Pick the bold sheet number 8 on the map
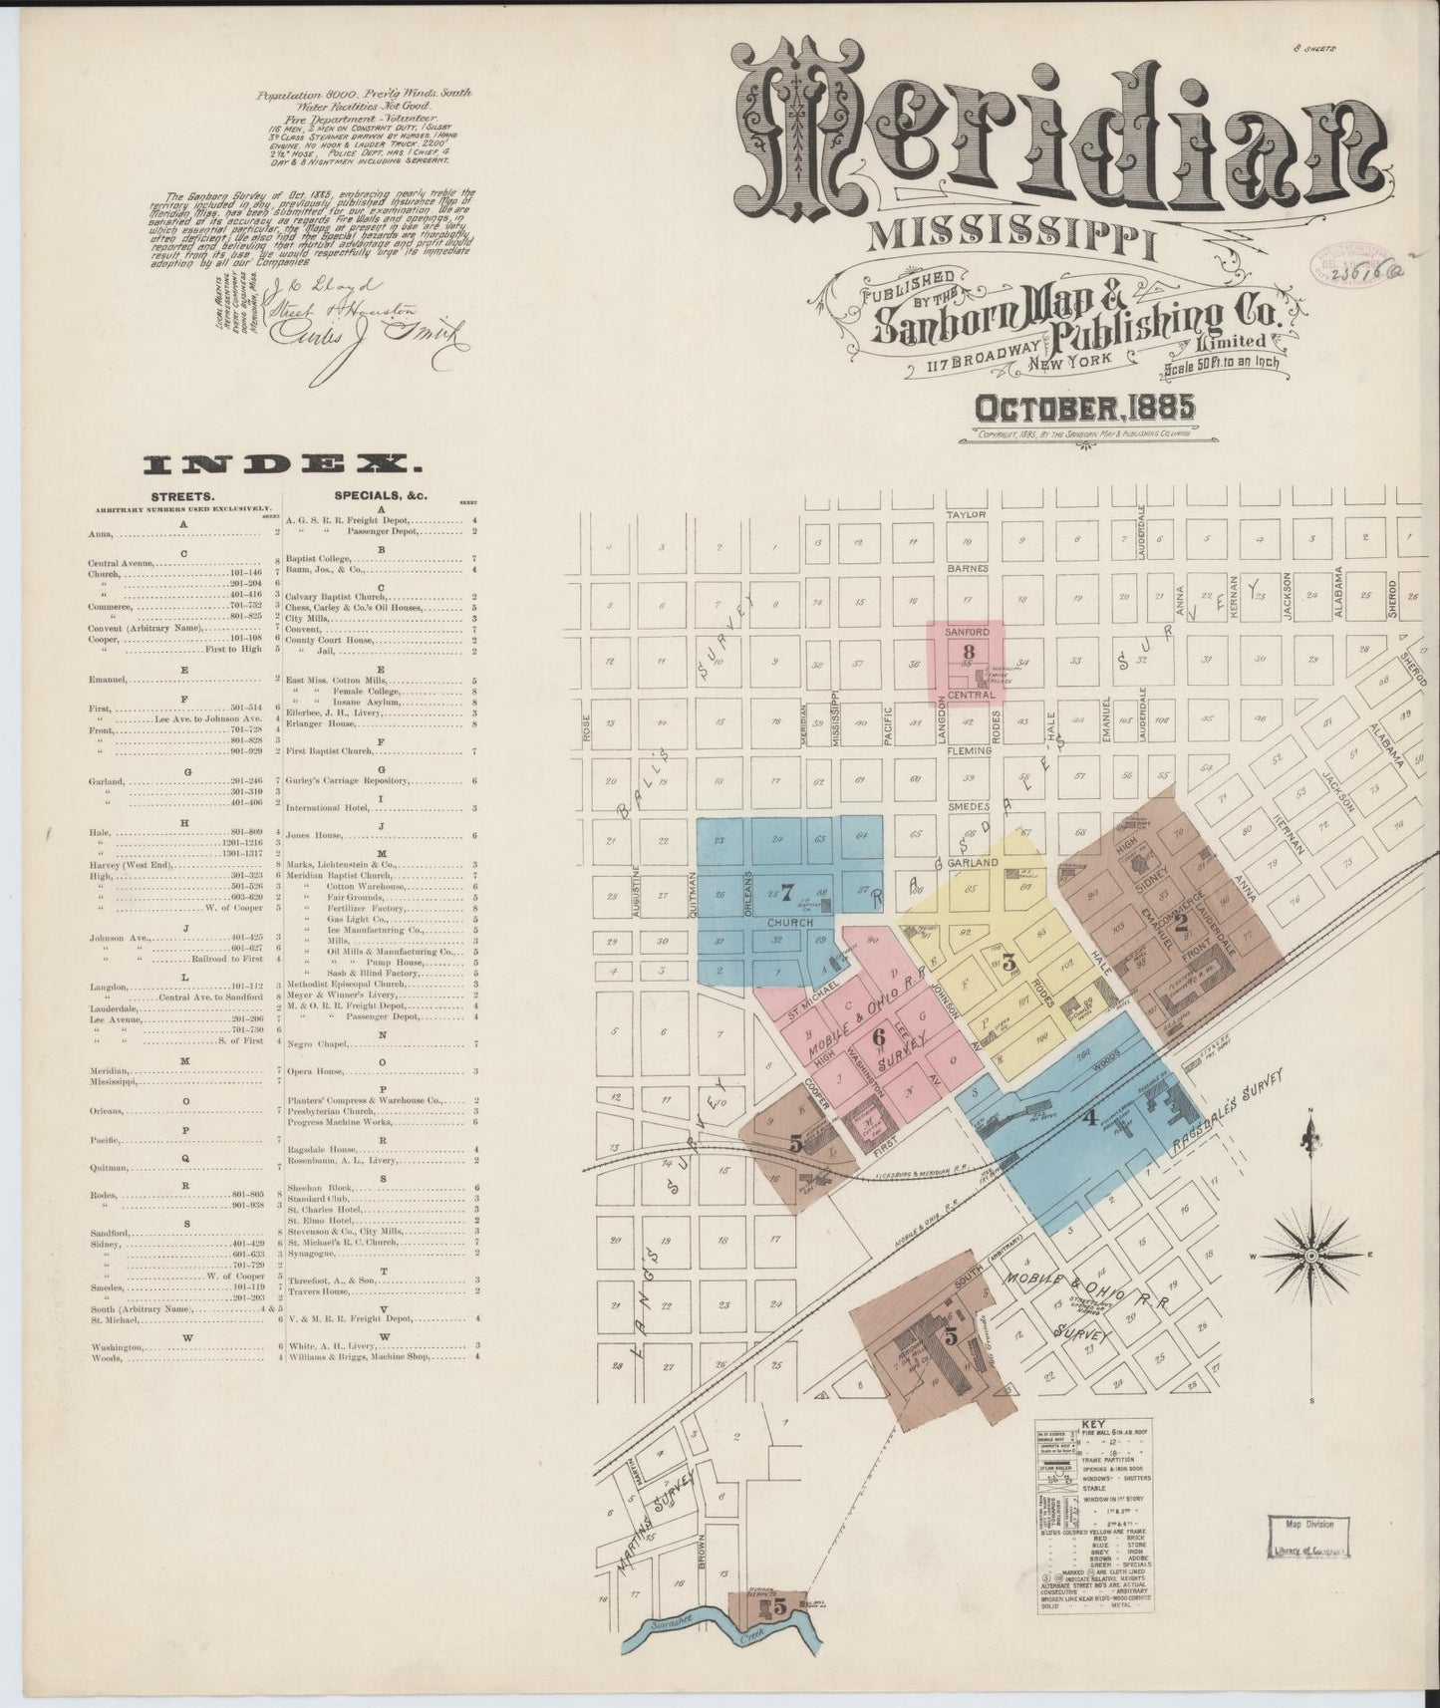(966, 653)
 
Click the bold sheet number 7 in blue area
(786, 891)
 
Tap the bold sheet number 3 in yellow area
(1008, 962)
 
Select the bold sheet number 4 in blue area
(1089, 1118)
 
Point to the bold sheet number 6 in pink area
(878, 1037)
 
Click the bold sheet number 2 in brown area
(1181, 923)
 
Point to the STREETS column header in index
(179, 495)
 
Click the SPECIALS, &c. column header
(374, 495)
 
